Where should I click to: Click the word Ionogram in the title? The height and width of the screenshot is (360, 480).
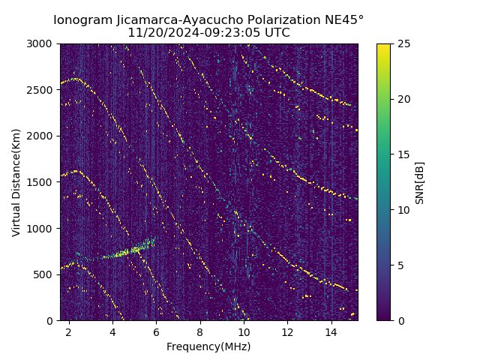point(82,19)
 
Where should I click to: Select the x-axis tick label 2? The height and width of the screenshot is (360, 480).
point(69,331)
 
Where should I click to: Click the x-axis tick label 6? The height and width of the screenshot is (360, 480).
point(156,331)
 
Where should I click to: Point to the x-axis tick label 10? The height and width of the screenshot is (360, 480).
point(244,331)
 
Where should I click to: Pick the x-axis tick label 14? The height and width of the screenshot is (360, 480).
point(331,331)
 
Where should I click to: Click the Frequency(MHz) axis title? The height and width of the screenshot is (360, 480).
point(208,346)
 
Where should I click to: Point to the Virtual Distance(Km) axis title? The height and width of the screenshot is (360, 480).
point(16,182)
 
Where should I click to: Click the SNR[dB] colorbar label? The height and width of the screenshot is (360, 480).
point(420,182)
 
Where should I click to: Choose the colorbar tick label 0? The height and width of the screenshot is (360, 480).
point(400,320)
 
